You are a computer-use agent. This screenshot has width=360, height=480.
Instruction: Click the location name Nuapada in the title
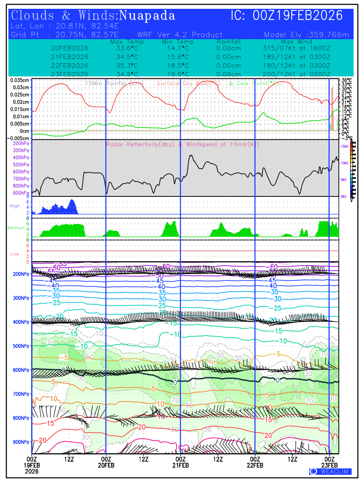(x=147, y=16)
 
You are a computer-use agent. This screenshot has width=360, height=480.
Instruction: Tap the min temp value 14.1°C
(x=178, y=48)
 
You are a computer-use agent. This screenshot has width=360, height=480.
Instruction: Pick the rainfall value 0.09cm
(x=229, y=74)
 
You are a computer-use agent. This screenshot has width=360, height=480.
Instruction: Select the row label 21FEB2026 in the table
(x=70, y=57)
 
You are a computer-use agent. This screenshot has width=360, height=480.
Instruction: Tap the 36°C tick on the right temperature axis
(x=346, y=80)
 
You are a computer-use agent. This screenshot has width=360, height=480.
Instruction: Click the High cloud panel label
(x=15, y=206)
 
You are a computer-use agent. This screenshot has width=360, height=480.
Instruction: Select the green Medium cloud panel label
(x=16, y=228)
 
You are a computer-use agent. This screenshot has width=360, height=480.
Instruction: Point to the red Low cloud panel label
(x=15, y=254)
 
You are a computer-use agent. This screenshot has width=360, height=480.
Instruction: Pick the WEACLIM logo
(x=330, y=471)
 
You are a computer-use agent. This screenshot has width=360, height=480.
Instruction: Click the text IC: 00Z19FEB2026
(x=287, y=16)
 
